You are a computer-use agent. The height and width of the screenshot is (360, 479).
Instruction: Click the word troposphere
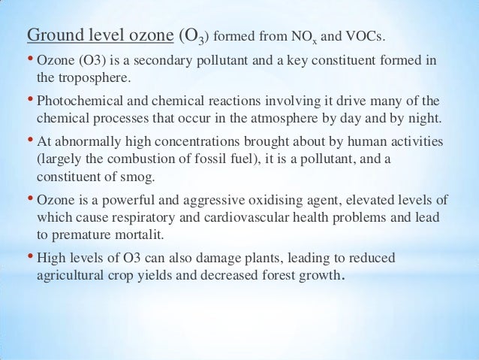tap(82, 76)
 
